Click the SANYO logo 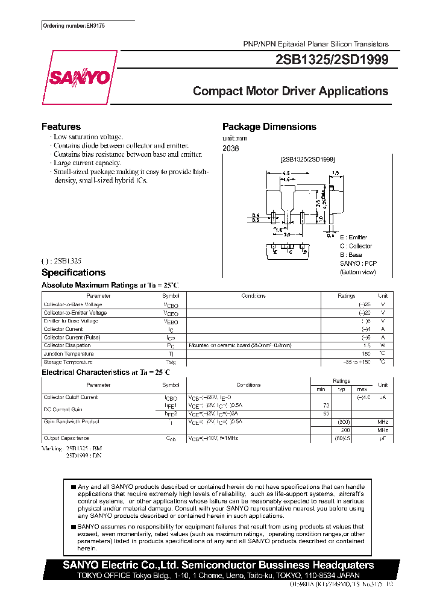tap(78, 77)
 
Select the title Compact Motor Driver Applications tap(291, 92)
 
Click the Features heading tap(61, 127)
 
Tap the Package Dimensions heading tap(269, 127)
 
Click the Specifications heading tap(73, 272)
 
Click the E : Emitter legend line tap(353, 237)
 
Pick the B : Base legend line tap(351, 254)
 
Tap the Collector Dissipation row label tap(67, 346)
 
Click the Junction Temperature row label tap(69, 354)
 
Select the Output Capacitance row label tap(66, 438)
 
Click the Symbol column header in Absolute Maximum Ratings tap(171, 296)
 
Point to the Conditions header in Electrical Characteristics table tap(248, 385)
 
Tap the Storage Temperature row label tap(68, 362)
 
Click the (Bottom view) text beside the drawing tap(357, 272)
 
